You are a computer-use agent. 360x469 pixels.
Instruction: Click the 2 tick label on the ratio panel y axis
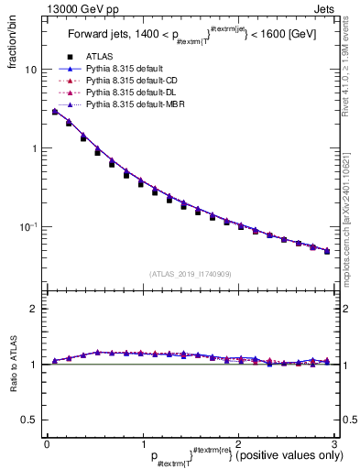click(33, 309)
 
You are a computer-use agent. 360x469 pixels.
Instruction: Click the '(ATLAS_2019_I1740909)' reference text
click(190, 273)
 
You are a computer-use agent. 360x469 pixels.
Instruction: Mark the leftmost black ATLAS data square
click(55, 113)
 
